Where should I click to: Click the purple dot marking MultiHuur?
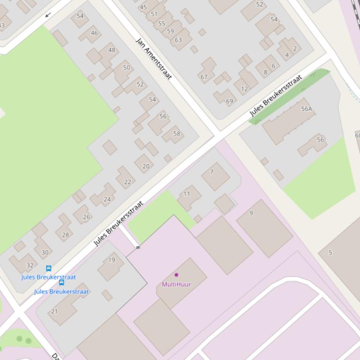[x=176, y=275]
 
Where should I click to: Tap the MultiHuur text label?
[x=176, y=284]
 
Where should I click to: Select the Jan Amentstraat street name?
[x=154, y=58]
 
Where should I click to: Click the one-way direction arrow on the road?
[x=48, y=15]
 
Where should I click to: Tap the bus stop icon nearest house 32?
[x=49, y=268]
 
